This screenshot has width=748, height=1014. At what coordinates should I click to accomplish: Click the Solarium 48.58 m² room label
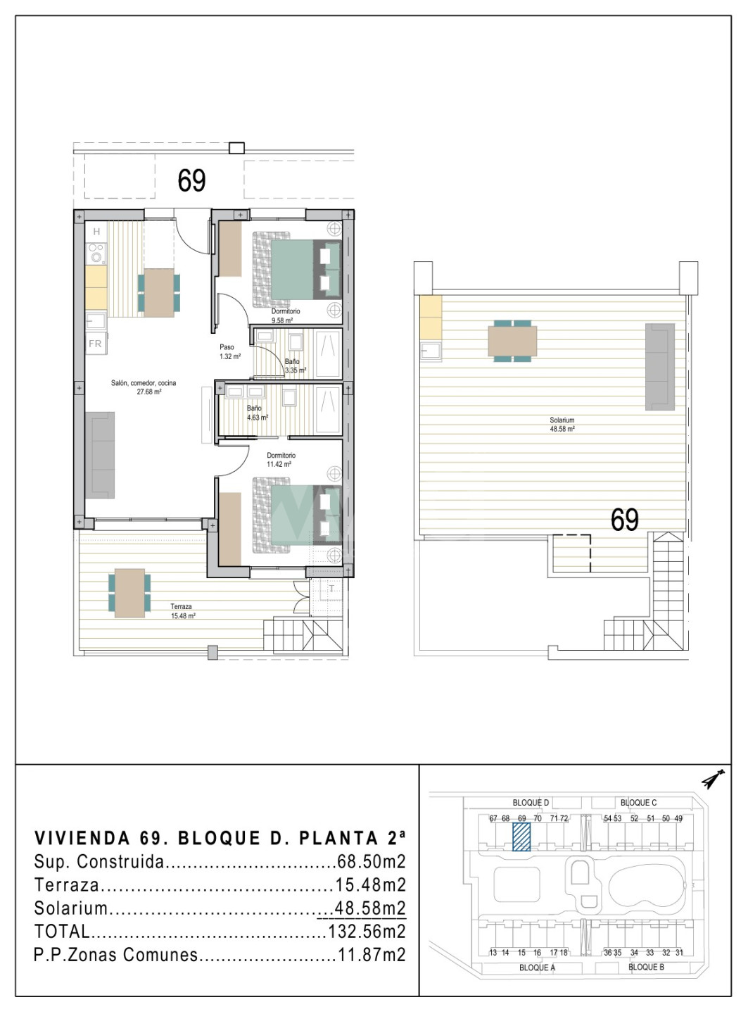[x=562, y=424]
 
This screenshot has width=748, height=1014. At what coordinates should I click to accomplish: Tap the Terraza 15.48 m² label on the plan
[x=183, y=611]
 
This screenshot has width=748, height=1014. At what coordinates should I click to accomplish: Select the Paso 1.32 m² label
[x=230, y=351]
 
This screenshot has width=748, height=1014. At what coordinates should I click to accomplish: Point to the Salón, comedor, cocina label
[x=144, y=383]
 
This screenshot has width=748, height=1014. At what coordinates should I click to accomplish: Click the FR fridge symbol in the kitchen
[x=96, y=344]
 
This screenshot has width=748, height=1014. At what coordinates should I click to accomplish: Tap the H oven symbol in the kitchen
[x=96, y=232]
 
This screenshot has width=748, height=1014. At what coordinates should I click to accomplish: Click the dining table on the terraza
[x=129, y=593]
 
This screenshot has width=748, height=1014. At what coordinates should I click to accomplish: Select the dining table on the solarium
[x=512, y=341]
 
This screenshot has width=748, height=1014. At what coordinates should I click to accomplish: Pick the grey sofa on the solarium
[x=660, y=367]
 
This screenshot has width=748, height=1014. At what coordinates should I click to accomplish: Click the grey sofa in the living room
[x=100, y=455]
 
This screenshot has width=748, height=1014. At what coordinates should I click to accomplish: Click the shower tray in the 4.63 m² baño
[x=328, y=408]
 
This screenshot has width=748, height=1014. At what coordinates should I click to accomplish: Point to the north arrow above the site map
[x=714, y=779]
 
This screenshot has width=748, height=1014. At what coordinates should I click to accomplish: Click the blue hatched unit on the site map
[x=521, y=837]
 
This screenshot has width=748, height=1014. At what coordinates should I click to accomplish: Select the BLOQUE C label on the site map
[x=638, y=802]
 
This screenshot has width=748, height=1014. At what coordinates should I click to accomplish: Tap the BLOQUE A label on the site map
[x=537, y=968]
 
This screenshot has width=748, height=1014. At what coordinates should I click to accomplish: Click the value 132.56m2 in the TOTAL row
[x=367, y=931]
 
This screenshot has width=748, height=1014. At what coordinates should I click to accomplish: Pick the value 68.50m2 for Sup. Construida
[x=372, y=861]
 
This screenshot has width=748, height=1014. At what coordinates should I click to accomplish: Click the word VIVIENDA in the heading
[x=82, y=838]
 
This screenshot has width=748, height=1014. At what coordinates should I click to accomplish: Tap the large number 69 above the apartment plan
[x=191, y=180]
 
